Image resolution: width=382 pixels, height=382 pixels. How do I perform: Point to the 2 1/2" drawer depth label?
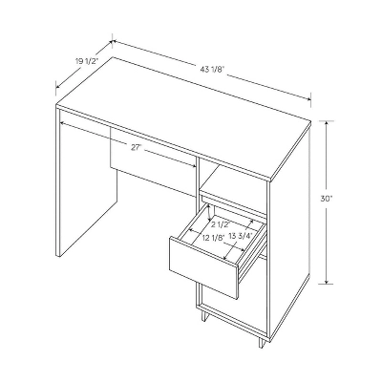click(220, 225)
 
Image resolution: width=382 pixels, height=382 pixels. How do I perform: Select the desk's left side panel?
click(86, 191)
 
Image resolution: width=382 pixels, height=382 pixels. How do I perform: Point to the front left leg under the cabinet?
click(203, 318)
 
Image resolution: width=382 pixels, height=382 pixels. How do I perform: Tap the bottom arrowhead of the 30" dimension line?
click(328, 284)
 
